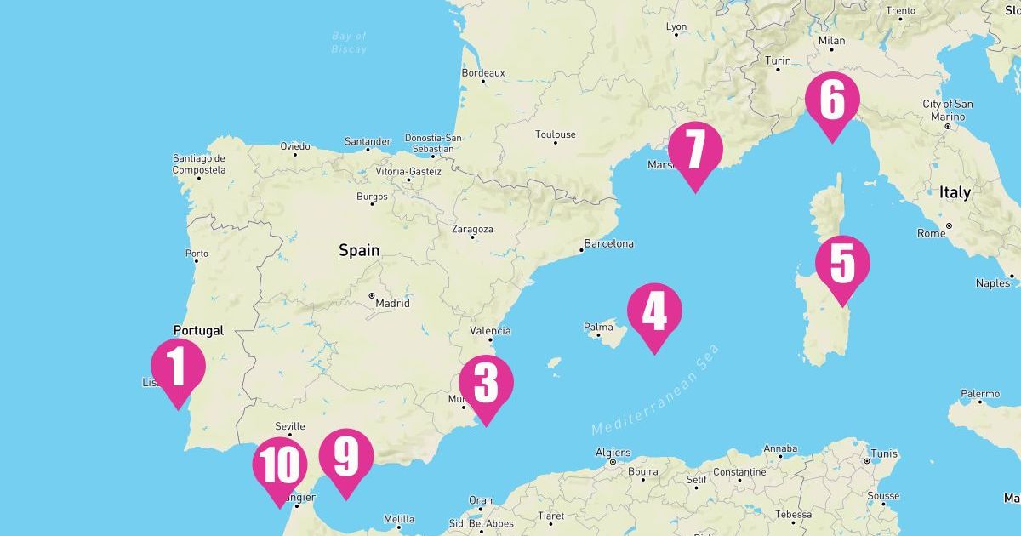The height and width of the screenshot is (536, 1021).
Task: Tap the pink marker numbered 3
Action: (x=486, y=384)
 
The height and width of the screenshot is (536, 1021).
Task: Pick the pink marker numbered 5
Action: (x=842, y=264)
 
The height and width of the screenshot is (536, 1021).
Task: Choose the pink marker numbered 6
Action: (x=832, y=100)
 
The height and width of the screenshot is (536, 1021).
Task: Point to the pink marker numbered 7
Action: (x=695, y=151)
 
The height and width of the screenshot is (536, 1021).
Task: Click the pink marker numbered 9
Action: (x=346, y=457)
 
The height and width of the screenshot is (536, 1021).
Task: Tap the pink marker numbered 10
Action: (x=279, y=465)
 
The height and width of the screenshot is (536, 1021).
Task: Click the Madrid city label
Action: (x=391, y=303)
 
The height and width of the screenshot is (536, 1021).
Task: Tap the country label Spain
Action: (x=359, y=250)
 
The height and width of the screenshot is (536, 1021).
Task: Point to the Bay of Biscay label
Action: (x=349, y=43)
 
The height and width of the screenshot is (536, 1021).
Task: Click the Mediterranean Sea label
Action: (x=656, y=391)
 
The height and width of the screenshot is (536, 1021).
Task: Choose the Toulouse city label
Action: (x=555, y=134)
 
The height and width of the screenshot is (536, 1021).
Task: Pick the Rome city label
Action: (x=932, y=233)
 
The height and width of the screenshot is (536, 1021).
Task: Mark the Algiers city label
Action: (x=613, y=453)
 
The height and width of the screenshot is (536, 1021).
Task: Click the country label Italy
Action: (x=955, y=193)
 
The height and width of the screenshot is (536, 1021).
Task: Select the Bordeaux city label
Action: (x=482, y=73)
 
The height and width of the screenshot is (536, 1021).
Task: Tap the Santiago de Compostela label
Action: (x=199, y=163)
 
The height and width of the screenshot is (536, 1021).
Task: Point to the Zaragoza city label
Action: (x=472, y=229)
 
